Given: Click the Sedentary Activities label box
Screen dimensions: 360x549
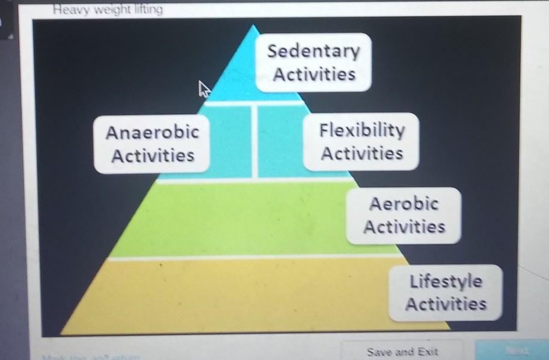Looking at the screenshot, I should pos(313,63).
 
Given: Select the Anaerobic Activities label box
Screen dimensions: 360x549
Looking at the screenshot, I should pos(153,144).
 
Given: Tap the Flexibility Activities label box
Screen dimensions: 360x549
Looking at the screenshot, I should pos(361,141).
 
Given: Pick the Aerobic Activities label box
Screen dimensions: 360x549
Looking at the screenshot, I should pos(404,215).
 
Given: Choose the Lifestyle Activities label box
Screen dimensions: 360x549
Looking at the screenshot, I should pos(446,292).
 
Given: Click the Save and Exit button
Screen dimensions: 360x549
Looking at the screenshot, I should pos(402,351).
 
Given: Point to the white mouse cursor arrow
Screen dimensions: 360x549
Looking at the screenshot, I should pos(204,90).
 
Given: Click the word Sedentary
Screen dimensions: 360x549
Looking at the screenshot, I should pos(313,52).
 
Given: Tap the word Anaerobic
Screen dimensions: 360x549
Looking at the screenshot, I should pos(152,132).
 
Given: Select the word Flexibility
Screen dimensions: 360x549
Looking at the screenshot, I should pos(362,130).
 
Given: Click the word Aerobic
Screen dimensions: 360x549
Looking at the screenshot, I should pos(403,204).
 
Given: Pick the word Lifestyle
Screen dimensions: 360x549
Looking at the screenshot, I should pos(446,281).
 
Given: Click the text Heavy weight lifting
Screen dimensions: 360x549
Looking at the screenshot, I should pos(107,10).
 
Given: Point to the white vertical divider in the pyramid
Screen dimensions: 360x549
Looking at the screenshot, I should pos(255,141).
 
